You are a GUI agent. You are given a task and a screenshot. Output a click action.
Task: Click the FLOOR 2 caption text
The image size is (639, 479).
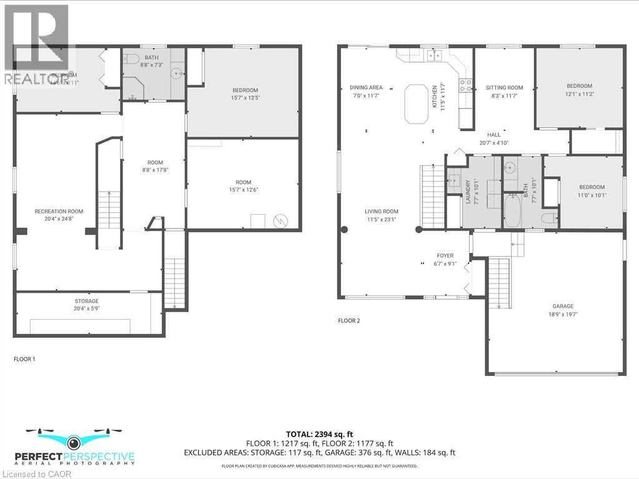(x=349, y=320)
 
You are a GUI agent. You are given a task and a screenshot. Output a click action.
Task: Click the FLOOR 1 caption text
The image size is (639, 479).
(x=24, y=359)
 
